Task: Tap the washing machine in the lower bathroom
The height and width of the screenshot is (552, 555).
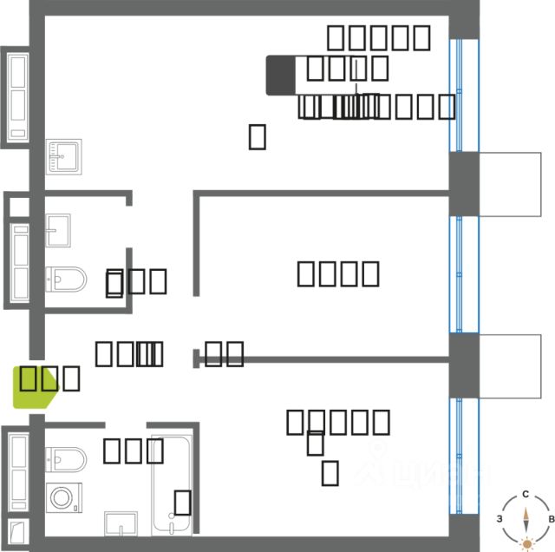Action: coord(63,498)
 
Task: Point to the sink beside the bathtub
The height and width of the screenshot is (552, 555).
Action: coord(121,523)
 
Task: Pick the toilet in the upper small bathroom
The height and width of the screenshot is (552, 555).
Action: coord(65,279)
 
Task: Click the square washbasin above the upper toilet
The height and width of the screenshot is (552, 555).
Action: coord(58,230)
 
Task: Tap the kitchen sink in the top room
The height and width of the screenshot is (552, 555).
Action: coord(63,156)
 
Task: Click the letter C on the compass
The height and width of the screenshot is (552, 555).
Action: coord(526,494)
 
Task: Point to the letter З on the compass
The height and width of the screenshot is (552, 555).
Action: coord(499,518)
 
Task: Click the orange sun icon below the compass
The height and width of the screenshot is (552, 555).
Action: coord(526,544)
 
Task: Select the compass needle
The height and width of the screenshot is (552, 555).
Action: coord(526,518)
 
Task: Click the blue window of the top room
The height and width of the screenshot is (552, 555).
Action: coord(463,95)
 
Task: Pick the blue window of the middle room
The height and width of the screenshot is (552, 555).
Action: coord(463,273)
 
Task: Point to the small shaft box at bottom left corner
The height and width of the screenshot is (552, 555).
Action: coord(14,532)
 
